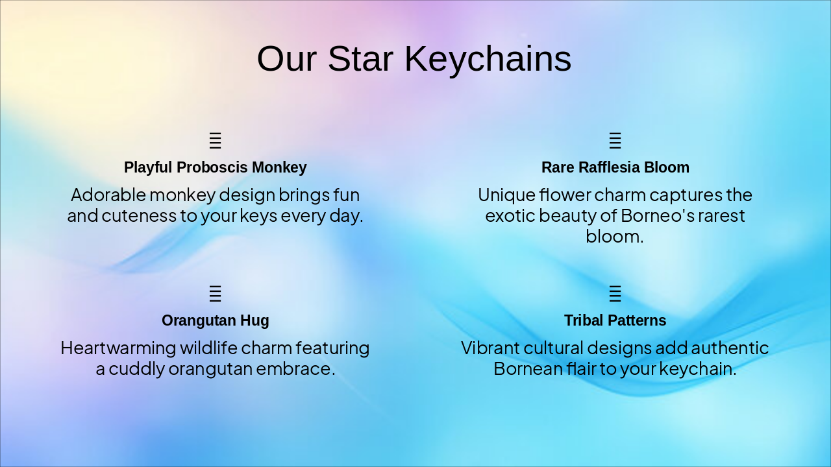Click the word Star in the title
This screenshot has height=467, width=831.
click(x=360, y=58)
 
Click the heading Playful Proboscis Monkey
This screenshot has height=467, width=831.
click(x=215, y=167)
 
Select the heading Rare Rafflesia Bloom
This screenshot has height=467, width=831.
click(x=615, y=167)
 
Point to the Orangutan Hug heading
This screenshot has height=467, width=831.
click(x=215, y=321)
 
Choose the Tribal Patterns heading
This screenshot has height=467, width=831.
click(x=615, y=320)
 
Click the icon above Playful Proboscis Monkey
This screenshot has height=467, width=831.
click(x=215, y=141)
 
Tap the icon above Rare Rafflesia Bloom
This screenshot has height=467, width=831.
click(x=615, y=141)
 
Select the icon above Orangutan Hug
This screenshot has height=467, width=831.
click(x=215, y=294)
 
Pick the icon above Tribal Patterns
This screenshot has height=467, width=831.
click(x=615, y=294)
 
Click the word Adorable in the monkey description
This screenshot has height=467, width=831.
click(x=108, y=195)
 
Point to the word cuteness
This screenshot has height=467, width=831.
click(x=139, y=216)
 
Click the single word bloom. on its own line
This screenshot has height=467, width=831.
click(x=615, y=236)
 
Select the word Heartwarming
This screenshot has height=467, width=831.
click(x=118, y=348)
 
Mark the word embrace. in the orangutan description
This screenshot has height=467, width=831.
click(x=295, y=369)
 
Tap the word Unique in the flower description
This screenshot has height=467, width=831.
click(x=507, y=196)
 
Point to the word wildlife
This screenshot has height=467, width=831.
click(x=208, y=348)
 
